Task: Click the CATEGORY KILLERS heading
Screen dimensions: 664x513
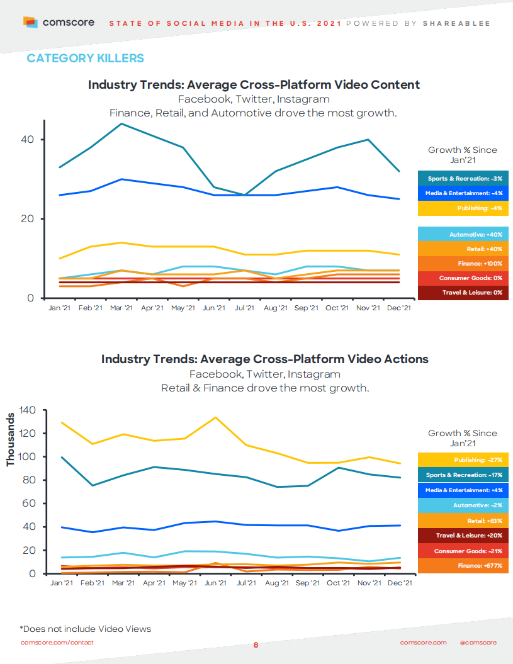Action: coord(85,59)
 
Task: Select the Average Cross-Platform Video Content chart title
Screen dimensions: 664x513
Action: coord(254,84)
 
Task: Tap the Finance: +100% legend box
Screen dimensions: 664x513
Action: coord(463,263)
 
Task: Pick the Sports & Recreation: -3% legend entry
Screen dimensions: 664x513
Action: coord(463,178)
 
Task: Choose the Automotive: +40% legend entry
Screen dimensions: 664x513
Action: coord(463,234)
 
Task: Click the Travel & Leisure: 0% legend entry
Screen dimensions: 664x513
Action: coord(463,292)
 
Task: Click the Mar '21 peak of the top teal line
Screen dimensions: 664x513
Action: coord(121,123)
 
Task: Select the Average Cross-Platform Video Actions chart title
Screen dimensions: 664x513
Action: coord(264,359)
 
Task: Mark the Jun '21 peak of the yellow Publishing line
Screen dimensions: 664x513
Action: coord(215,417)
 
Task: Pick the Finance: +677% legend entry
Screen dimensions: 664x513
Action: coord(463,566)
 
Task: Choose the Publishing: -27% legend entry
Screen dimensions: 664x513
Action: coord(463,460)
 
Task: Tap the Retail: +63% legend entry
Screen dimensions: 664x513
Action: coord(463,521)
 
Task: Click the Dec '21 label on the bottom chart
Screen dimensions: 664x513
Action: coord(398,583)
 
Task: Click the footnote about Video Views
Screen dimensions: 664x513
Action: coord(85,629)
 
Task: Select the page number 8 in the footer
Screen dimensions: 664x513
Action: coord(256,645)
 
